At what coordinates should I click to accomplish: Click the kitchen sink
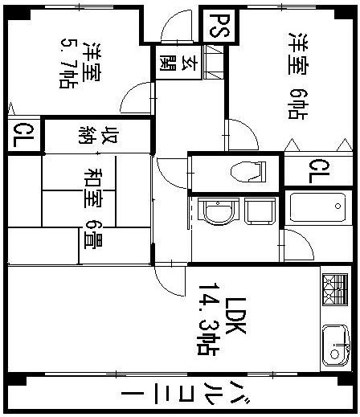point(335,344)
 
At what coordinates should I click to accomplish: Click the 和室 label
point(95,186)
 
